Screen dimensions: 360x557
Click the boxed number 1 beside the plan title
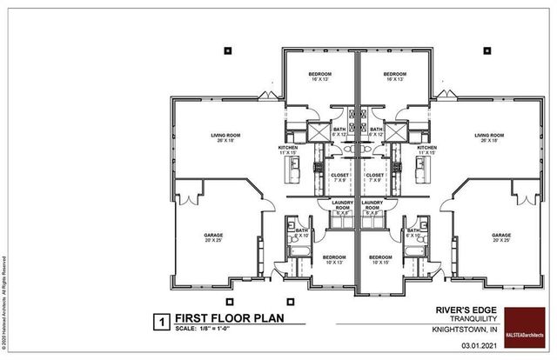[159, 319]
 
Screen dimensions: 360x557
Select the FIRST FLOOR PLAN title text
[215, 318]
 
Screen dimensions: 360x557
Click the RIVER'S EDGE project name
[462, 309]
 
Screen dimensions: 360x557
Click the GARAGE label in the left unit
[213, 236]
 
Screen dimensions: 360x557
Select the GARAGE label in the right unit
[500, 236]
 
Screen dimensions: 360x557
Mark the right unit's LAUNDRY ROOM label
[372, 206]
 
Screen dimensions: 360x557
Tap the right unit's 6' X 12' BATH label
[375, 131]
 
